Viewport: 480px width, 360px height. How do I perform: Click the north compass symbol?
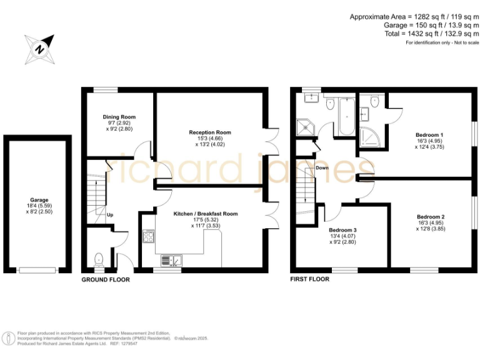[x=39, y=48]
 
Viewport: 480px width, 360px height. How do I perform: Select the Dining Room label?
[x=119, y=117]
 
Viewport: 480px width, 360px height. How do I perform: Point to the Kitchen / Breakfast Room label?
[x=206, y=214]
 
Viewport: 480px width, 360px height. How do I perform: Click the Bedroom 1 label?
[x=429, y=135]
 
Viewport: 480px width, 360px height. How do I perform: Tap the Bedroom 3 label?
[x=342, y=231]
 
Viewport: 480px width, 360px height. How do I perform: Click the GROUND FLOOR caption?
[x=106, y=279]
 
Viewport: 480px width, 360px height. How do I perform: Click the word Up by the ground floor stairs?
[x=111, y=215]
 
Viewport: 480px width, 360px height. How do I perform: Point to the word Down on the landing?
[x=322, y=168]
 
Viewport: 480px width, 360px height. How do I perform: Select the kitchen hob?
[x=150, y=236]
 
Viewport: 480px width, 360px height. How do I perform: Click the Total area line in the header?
[x=432, y=34]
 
